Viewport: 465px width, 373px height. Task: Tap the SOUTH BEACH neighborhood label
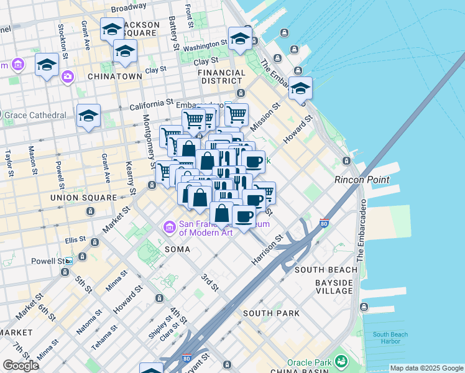[326, 270]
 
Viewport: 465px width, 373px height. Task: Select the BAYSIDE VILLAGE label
[333, 287]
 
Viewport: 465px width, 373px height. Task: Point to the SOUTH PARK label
[271, 313]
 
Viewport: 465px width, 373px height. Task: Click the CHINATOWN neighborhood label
[115, 76]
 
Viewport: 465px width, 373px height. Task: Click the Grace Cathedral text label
[36, 115]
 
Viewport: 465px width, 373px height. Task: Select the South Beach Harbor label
[390, 338]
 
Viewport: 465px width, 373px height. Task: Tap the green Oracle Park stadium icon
[341, 361]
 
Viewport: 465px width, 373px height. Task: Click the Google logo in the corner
[21, 366]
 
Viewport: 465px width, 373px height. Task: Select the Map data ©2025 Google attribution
[426, 368]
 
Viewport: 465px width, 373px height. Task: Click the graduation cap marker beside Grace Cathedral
[88, 116]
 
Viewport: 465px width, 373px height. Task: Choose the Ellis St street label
[75, 240]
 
